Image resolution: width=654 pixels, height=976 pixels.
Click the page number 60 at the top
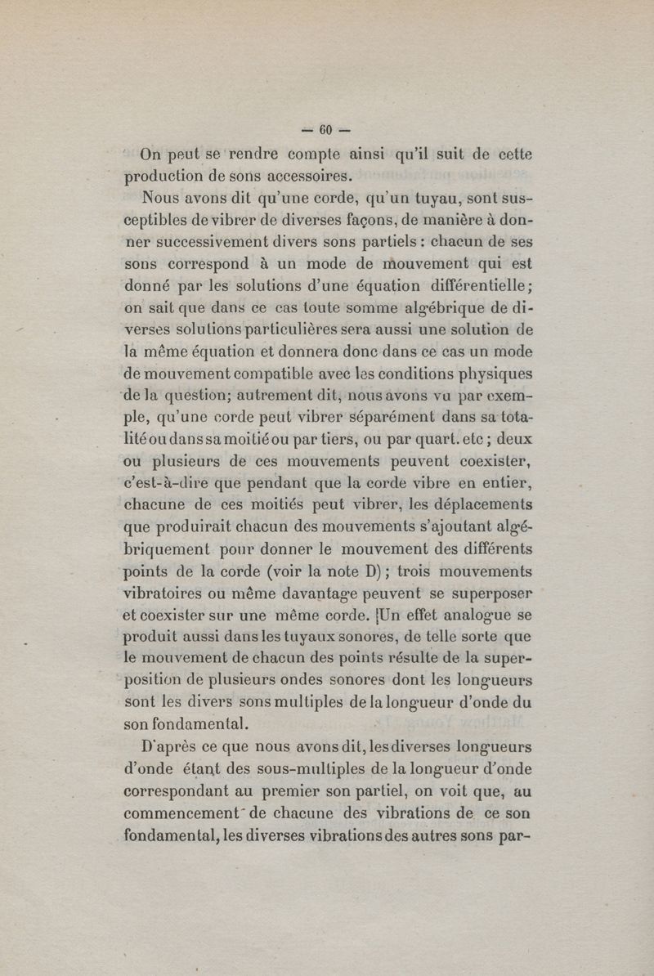pyautogui.click(x=326, y=129)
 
